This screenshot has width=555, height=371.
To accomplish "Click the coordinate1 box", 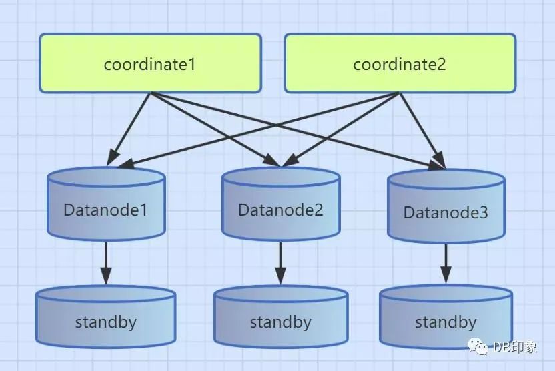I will coord(149,63).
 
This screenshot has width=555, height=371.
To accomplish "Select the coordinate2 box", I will coord(400,63).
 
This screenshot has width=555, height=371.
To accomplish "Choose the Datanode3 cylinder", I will coord(446,211).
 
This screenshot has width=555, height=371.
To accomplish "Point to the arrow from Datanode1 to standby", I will coord(105,264).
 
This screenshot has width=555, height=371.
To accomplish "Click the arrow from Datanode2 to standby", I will coord(280,264).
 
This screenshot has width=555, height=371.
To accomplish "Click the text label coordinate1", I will coord(149,65).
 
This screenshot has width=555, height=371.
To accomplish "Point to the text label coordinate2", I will coord(400,65).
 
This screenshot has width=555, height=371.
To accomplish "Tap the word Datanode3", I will coord(446,213).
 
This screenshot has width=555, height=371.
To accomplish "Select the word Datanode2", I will coord(280,210).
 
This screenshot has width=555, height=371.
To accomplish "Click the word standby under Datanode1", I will coord(105,322).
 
